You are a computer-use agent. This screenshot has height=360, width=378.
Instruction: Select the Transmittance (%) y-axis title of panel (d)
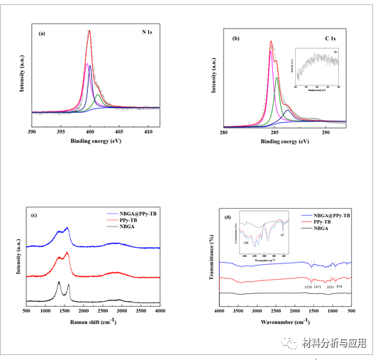click(212, 255)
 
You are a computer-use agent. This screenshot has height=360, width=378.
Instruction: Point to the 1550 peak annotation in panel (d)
click(308, 287)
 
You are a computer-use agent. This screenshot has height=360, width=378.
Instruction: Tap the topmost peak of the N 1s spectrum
click(89, 31)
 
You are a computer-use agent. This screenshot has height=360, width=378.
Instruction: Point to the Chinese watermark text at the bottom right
click(333, 344)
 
